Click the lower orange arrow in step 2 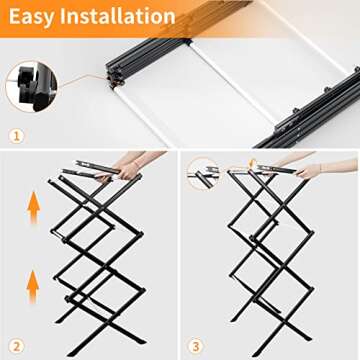32,287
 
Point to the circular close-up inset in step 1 31,85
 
